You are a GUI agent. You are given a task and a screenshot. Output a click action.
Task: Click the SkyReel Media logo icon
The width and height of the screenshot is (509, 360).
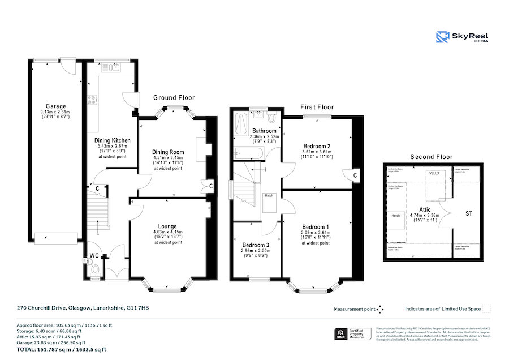click(x=442, y=37)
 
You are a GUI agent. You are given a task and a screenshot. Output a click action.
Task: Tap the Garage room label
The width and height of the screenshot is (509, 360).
click(x=56, y=106)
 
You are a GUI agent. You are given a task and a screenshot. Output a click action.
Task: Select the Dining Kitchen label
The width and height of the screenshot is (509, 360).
click(x=113, y=140)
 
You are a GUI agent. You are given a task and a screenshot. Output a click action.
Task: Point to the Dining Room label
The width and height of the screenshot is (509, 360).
click(x=168, y=152)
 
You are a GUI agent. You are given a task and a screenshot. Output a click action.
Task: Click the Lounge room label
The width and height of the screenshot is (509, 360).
click(x=167, y=226)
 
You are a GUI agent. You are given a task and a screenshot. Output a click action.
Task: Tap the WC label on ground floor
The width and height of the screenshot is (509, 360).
click(x=94, y=256)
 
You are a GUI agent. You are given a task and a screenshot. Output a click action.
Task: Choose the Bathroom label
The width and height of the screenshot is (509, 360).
click(x=264, y=131)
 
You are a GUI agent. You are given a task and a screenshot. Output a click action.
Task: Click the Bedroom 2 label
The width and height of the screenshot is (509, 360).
click(x=317, y=146)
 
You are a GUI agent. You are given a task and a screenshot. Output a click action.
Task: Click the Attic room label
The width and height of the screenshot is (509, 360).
click(x=424, y=209)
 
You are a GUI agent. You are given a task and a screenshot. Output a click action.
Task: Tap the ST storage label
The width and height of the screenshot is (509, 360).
click(x=469, y=214)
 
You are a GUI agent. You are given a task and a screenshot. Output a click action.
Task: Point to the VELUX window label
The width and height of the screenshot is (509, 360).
click(x=434, y=173)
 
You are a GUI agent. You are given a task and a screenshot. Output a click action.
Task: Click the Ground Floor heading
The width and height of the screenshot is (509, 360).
click(x=174, y=98)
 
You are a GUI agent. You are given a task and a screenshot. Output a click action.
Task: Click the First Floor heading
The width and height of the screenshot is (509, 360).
click(x=317, y=107)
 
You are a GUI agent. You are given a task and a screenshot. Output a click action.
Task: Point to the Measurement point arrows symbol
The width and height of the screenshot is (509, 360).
click(x=380, y=309)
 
